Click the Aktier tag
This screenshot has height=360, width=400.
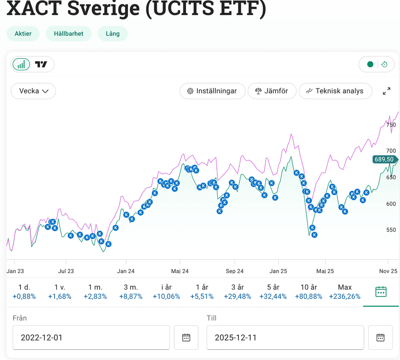pyautogui.click(x=23, y=34)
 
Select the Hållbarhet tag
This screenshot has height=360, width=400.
pyautogui.click(x=68, y=34)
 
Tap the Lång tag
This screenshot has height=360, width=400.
pyautogui.click(x=112, y=34)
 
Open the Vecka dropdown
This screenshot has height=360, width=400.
pyautogui.click(x=34, y=91)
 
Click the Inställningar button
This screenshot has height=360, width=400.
pyautogui.click(x=212, y=91)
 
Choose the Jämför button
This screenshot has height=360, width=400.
pyautogui.click(x=272, y=91)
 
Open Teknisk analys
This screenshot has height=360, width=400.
pyautogui.click(x=335, y=91)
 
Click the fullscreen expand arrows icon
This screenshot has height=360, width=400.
pyautogui.click(x=386, y=91)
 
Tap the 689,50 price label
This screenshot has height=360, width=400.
pyautogui.click(x=384, y=159)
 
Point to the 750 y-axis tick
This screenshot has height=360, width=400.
pyautogui.click(x=391, y=125)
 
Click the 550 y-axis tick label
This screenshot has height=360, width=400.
pyautogui.click(x=391, y=230)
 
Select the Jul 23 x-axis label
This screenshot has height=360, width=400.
pyautogui.click(x=66, y=271)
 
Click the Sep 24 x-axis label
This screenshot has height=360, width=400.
pyautogui.click(x=234, y=271)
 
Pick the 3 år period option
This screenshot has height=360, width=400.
pyautogui.click(x=237, y=292)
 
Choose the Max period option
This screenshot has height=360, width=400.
pyautogui.click(x=344, y=292)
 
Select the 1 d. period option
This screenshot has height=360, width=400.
pyautogui.click(x=24, y=292)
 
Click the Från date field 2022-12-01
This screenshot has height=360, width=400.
pyautogui.click(x=91, y=338)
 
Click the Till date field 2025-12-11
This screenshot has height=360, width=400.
pyautogui.click(x=285, y=338)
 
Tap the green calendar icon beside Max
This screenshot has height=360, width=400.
pyautogui.click(x=381, y=292)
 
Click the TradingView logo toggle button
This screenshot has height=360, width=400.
pyautogui.click(x=42, y=64)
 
